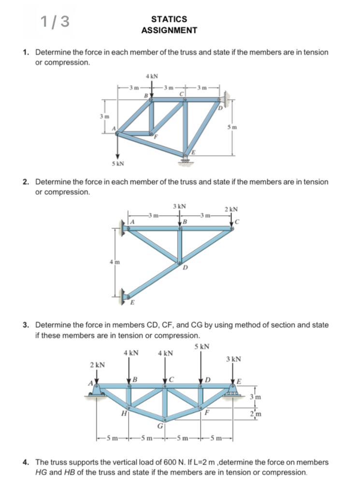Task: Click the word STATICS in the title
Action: tap(169, 19)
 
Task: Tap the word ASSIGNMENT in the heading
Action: tap(169, 30)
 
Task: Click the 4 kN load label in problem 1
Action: tap(152, 76)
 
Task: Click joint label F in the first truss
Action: tap(156, 137)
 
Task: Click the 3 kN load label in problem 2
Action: tap(180, 207)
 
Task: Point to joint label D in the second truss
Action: tap(184, 269)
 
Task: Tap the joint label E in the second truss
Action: tap(133, 303)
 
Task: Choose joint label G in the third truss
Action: tap(159, 426)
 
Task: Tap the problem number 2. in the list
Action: tap(28, 182)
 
